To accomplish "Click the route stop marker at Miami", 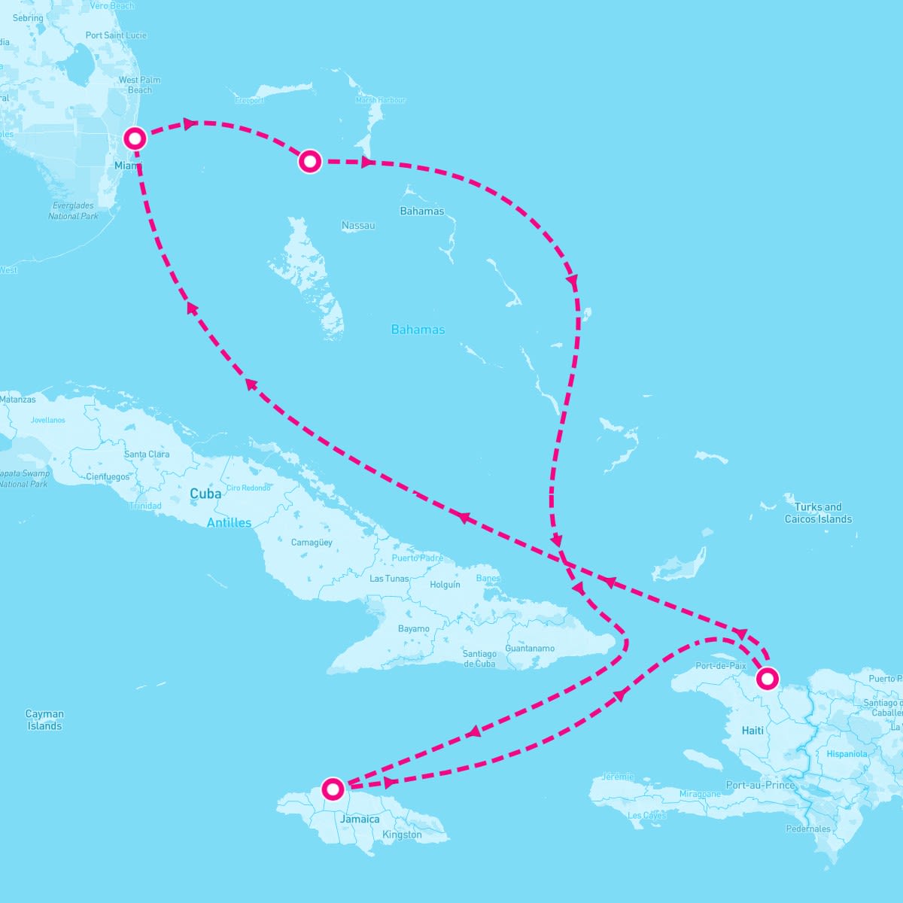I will click(135, 138).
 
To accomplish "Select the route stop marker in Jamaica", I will click(333, 789).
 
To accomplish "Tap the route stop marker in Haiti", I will click(767, 679).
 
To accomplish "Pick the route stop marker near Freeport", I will click(310, 161).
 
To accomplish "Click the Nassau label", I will click(358, 226).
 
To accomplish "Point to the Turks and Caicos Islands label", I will click(818, 513).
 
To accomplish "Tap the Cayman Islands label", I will click(44, 720).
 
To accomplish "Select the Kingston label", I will click(402, 835).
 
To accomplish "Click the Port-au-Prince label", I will click(760, 785).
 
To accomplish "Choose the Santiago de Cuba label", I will click(479, 658).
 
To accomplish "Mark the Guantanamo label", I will click(530, 648).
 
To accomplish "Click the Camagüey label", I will click(312, 543).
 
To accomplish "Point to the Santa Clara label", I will click(147, 455).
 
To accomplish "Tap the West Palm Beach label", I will click(139, 85).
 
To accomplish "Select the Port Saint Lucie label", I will click(116, 35).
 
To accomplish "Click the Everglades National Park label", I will click(73, 211).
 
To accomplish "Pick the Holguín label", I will click(445, 585).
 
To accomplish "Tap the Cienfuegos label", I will click(108, 477).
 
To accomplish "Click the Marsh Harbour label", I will click(380, 100).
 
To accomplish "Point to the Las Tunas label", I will click(389, 579).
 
